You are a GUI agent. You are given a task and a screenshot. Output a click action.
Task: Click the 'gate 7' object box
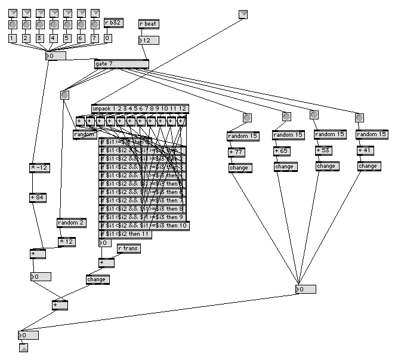(x=121, y=64)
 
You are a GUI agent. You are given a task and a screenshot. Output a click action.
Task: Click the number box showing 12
(x=149, y=40)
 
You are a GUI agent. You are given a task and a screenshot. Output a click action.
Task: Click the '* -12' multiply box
(x=40, y=167)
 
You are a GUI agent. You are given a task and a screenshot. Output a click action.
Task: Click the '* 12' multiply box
(x=67, y=241)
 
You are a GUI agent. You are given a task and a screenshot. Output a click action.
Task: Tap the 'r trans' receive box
(x=128, y=248)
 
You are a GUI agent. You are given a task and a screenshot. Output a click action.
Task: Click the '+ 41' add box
(x=366, y=151)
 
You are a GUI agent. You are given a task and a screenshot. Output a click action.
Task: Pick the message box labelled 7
(x=94, y=38)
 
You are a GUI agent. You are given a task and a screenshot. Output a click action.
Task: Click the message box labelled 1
(x=13, y=38)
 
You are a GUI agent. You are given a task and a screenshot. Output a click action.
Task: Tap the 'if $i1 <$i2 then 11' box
(x=126, y=235)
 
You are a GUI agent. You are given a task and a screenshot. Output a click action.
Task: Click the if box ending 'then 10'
(x=143, y=226)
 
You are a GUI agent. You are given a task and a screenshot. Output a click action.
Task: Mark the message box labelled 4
(x=54, y=38)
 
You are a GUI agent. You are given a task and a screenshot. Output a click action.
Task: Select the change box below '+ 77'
(x=240, y=168)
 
